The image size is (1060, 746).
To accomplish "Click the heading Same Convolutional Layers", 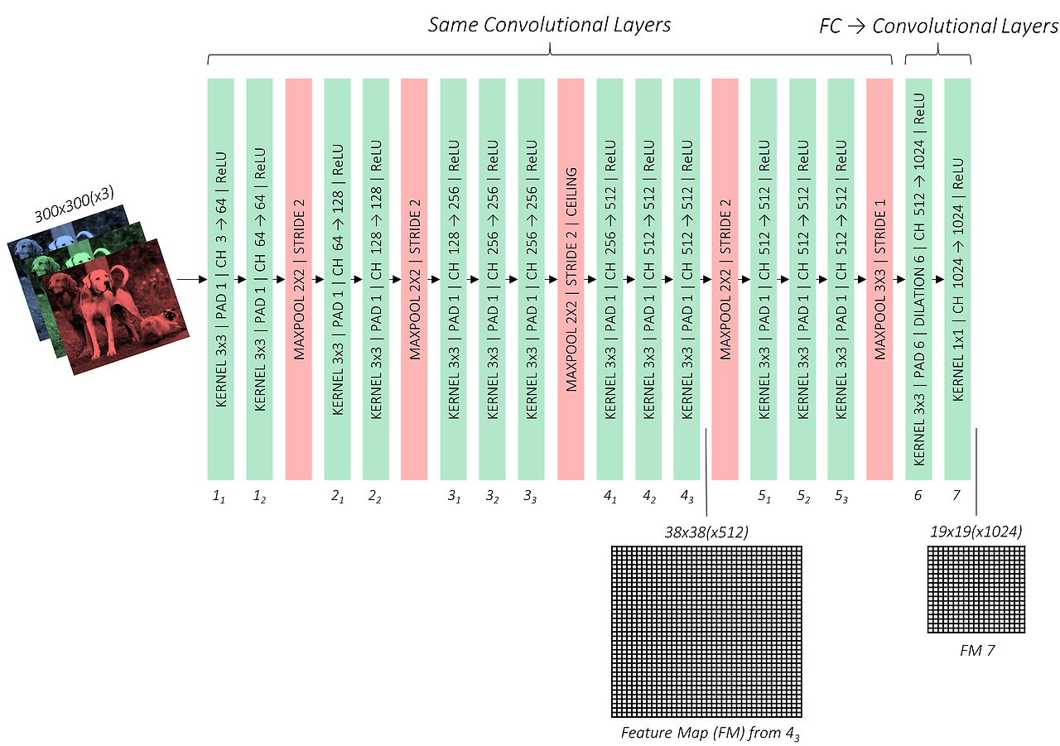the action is (549, 25).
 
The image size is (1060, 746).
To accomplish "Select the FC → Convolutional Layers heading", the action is (937, 26).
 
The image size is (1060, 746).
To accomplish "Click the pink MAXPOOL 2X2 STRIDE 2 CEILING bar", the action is (571, 279).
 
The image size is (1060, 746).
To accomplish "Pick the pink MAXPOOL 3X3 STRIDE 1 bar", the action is (879, 279).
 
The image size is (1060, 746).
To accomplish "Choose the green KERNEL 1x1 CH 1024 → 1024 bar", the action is (957, 279).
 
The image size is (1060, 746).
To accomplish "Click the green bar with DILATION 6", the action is (919, 279).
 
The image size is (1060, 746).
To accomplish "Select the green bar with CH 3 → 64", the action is (220, 279).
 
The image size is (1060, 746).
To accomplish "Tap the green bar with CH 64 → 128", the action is (337, 279).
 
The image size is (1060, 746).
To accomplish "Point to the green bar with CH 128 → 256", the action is (453, 279).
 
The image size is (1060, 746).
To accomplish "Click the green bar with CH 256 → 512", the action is (609, 279).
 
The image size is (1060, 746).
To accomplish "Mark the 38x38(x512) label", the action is (706, 532).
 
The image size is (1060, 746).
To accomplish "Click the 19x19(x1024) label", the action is (976, 532).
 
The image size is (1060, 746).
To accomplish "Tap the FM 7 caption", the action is (976, 651).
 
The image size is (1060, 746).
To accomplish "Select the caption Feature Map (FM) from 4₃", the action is (710, 733).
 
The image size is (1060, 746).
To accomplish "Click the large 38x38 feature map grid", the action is (706, 632).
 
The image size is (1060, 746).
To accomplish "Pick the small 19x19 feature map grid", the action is (976, 590).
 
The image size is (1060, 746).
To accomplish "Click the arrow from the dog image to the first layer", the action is (190, 280).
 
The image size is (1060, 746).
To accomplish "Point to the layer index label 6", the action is (918, 494).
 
